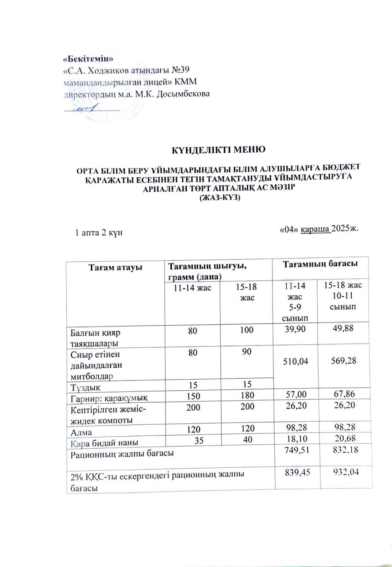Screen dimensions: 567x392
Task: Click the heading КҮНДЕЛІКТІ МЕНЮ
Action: pyautogui.click(x=218, y=149)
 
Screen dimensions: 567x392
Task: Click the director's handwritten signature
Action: pyautogui.click(x=86, y=108)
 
